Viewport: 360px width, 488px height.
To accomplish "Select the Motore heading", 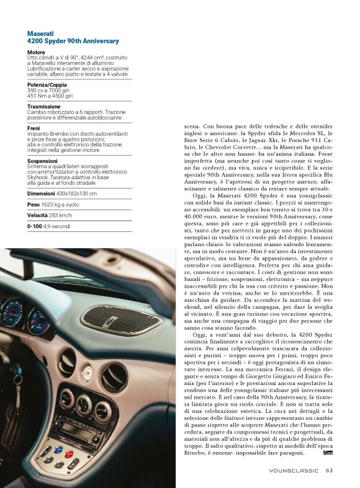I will (36, 52).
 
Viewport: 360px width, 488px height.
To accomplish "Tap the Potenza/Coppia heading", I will (47, 84).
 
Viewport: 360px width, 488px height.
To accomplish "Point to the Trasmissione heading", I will (43, 106).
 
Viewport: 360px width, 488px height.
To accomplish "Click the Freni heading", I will (34, 128).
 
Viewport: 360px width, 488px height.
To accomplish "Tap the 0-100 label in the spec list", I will (35, 226).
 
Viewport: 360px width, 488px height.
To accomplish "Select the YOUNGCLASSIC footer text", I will (294, 470).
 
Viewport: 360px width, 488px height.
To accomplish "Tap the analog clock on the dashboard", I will (88, 373).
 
